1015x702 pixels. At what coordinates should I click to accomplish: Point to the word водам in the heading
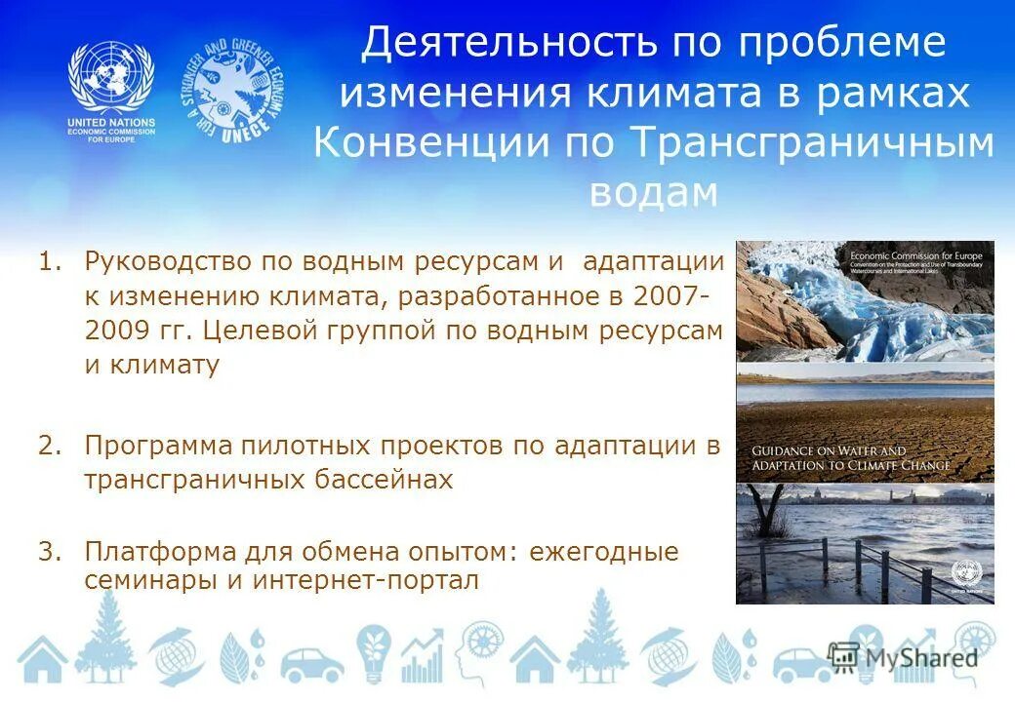(654, 193)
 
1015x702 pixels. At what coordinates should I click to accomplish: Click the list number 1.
(50, 261)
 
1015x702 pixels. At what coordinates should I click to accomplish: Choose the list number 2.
(50, 447)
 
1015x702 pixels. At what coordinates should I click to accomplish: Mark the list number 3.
(50, 551)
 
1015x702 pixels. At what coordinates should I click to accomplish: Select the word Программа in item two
(158, 447)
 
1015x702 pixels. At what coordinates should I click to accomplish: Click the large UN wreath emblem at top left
(110, 80)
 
